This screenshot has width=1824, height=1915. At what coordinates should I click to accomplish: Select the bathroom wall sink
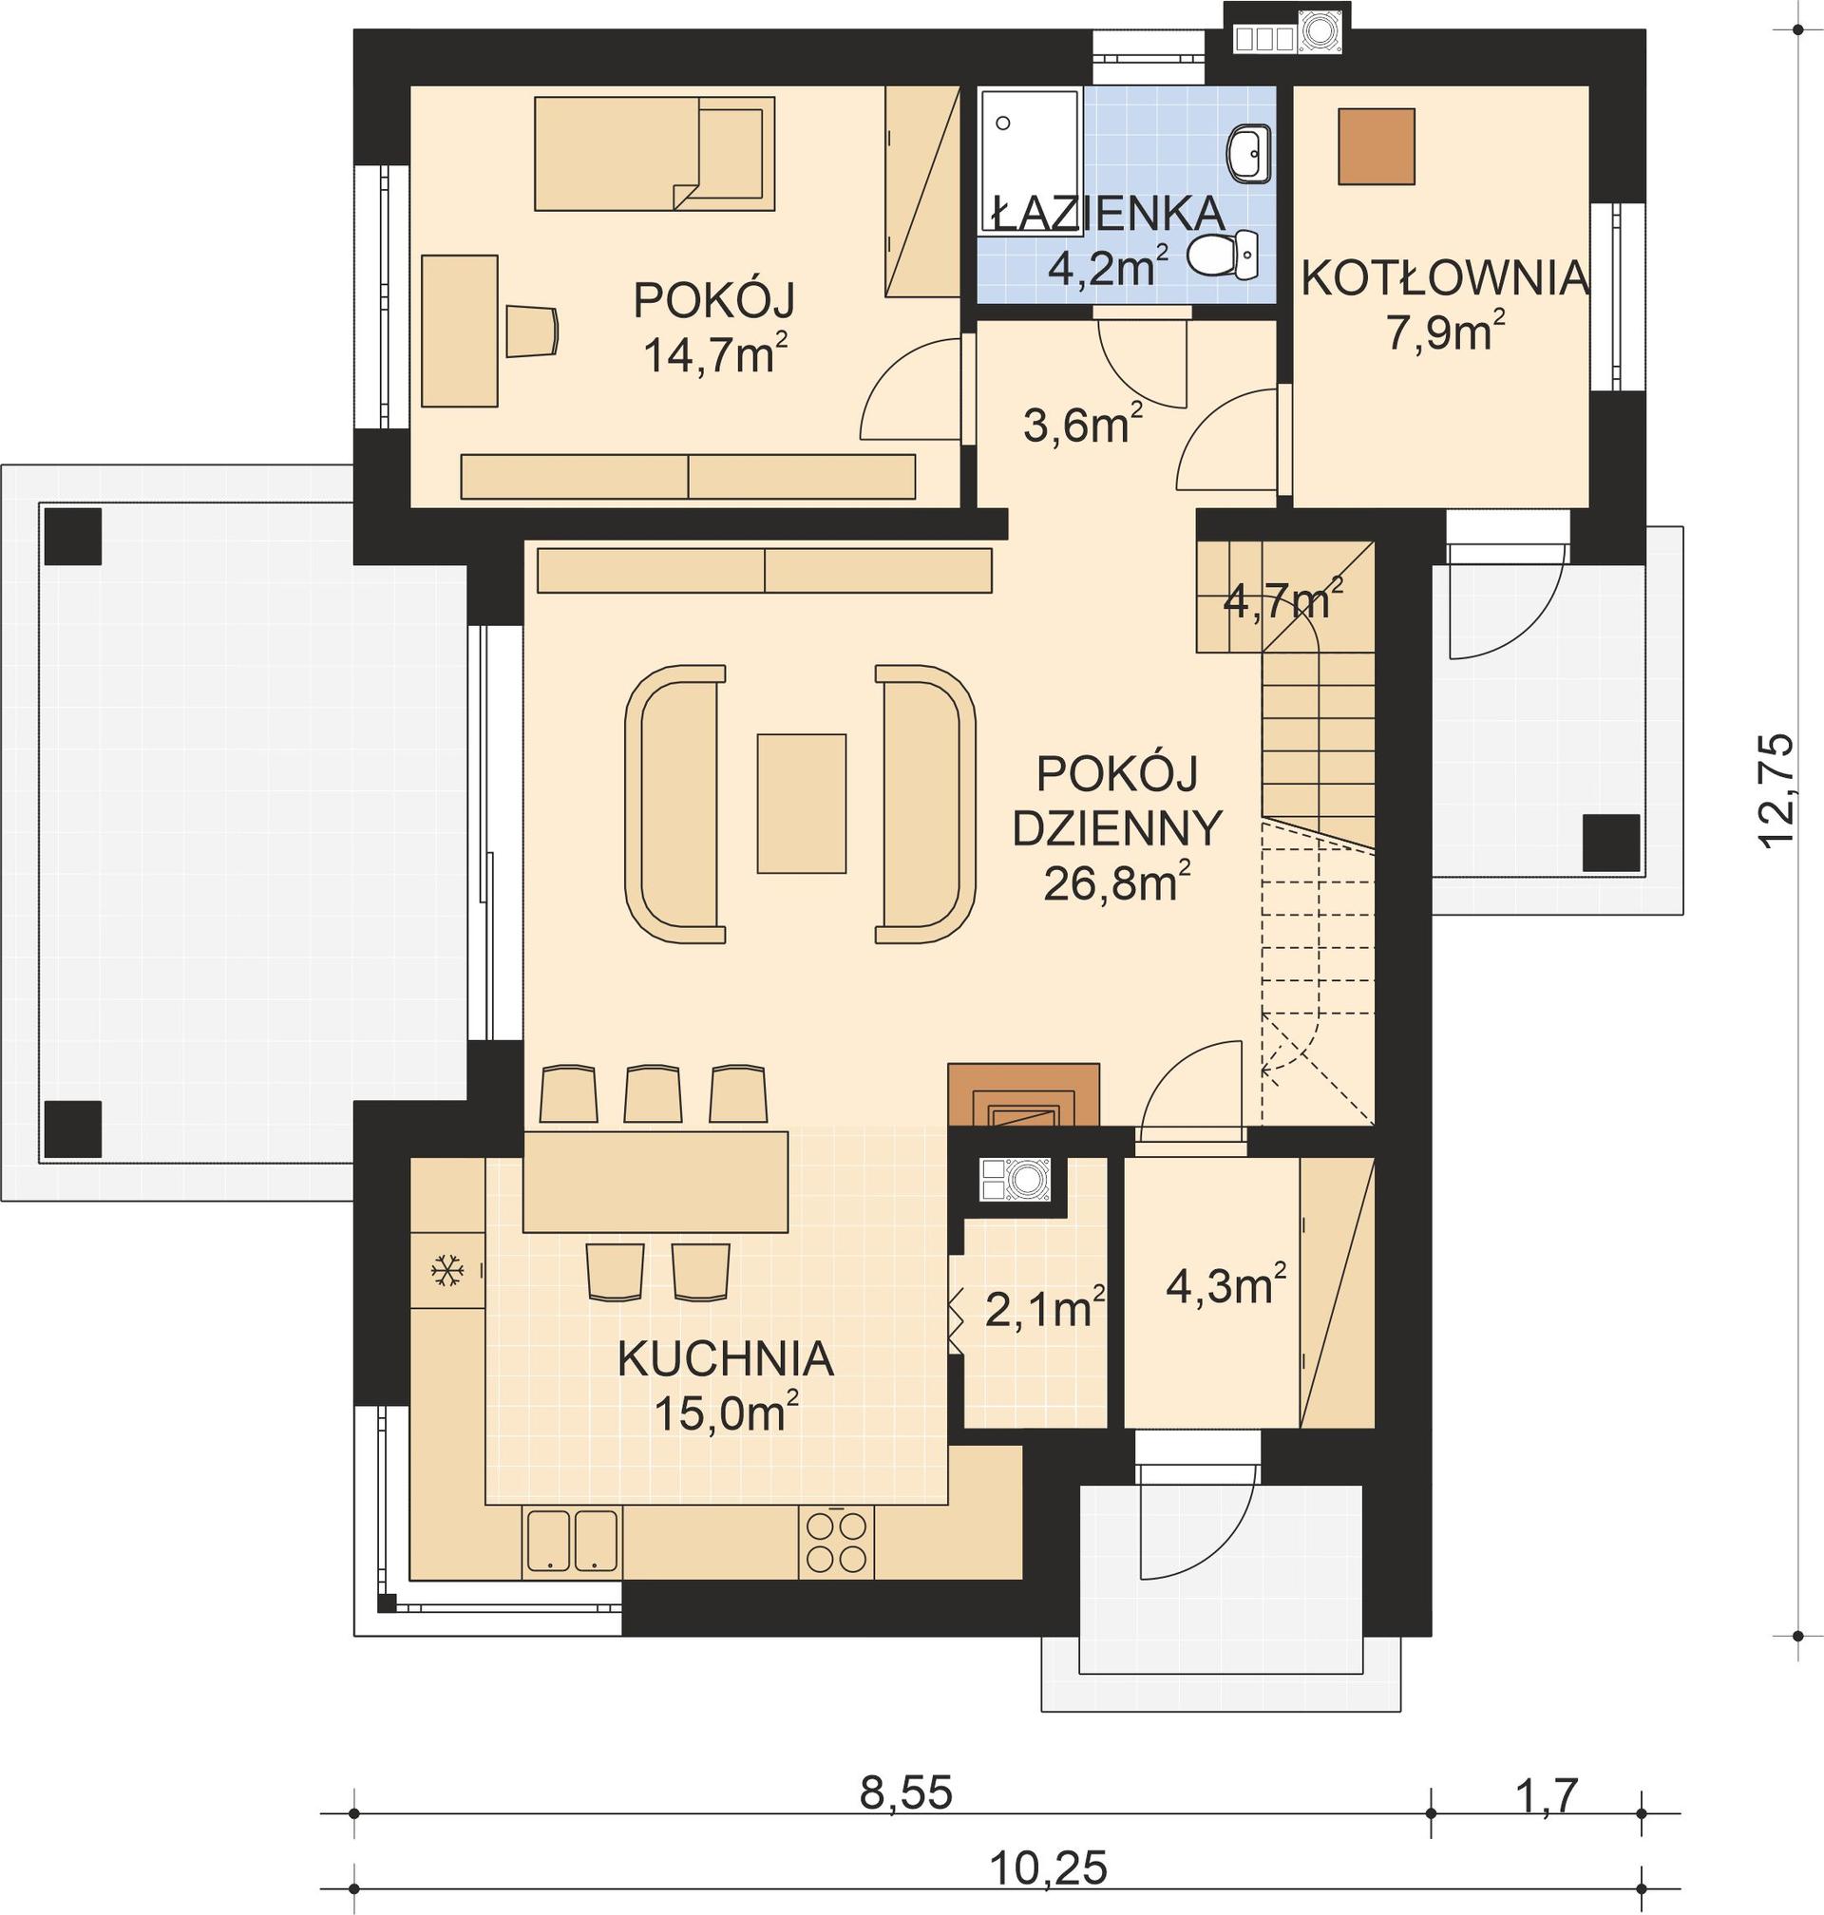click(1247, 154)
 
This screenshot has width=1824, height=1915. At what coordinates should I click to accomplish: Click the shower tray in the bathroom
click(1029, 161)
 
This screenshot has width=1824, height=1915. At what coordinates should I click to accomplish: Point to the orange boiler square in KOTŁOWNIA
click(1376, 146)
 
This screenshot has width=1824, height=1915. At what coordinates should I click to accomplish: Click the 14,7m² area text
click(714, 356)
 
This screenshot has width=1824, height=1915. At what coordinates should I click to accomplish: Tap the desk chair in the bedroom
click(532, 331)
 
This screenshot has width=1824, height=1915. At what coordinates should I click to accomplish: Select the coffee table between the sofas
click(801, 803)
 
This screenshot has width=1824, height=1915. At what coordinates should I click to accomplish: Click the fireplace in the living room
click(1024, 1094)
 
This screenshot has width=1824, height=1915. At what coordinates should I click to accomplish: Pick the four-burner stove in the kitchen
click(836, 1542)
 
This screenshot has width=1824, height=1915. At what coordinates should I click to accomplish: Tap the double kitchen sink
click(571, 1541)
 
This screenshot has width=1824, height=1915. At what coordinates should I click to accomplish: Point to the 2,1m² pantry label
click(1044, 1309)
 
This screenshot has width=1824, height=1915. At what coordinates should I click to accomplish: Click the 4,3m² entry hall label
click(1226, 1286)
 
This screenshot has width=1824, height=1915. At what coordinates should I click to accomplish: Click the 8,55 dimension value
click(905, 1793)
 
